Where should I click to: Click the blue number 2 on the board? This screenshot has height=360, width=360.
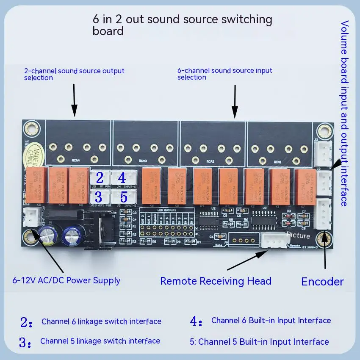(x=100, y=178)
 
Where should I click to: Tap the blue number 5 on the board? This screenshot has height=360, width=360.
(x=124, y=197)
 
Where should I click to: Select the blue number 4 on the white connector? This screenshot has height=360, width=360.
(x=122, y=178)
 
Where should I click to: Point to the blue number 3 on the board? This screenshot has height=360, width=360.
(x=98, y=197)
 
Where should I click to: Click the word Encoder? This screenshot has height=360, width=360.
(x=322, y=282)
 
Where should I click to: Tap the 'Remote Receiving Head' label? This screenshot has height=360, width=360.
(x=216, y=281)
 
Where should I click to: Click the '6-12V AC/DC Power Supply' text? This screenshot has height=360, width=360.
(x=66, y=280)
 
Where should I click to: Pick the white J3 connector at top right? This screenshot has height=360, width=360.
(x=323, y=154)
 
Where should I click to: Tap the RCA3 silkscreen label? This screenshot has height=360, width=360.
(x=142, y=161)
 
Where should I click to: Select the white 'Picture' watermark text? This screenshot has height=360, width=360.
(x=298, y=235)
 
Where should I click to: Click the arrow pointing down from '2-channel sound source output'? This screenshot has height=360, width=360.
(x=74, y=100)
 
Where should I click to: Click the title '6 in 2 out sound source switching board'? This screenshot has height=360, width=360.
(x=182, y=25)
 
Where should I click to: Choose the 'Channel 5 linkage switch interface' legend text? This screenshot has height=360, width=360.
(x=100, y=341)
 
